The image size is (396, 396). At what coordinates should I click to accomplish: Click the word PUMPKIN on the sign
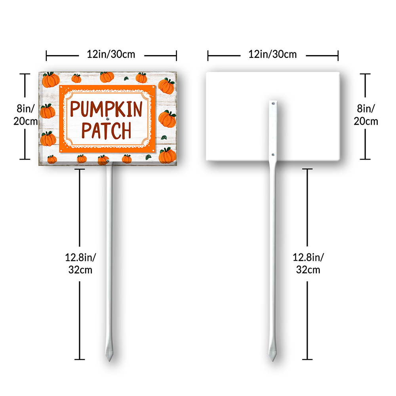pos(106,109)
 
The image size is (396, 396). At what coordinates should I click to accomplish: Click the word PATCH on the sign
pos(106,131)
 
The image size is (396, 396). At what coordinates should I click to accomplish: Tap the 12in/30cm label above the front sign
pos(111,54)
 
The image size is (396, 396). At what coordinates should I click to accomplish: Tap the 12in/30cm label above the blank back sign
pos(272,54)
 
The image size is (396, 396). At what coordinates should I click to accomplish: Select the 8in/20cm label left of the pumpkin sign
pos(25,115)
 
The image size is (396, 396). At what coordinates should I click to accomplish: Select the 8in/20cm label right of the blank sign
pos(366,115)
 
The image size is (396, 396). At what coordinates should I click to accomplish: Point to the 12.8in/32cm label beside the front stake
pos(80,264)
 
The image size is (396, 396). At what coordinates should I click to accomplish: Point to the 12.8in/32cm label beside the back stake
pos(308,264)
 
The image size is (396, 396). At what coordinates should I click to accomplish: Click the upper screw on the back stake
pos(273,103)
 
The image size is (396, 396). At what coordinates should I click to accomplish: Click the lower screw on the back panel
pos(273,154)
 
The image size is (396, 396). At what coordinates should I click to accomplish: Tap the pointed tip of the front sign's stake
pos(109,361)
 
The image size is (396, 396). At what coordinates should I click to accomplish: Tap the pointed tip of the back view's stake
pos(273,361)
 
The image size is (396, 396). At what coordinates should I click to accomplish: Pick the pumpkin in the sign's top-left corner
pos(51,80)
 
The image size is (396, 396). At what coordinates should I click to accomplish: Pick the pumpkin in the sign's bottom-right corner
pos(167,155)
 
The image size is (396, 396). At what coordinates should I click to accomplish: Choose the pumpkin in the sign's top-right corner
pos(166,86)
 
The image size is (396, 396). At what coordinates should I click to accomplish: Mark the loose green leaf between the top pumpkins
pos(126,78)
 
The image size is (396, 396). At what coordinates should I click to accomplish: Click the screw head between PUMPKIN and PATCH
pos(108,119)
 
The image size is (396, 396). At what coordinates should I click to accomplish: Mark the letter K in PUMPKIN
pos(120,109)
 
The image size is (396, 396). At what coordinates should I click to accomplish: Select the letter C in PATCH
pos(116,131)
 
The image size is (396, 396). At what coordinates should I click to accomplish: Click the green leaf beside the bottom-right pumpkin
pos(148,157)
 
